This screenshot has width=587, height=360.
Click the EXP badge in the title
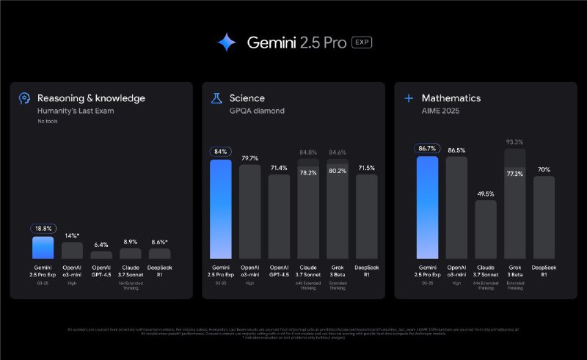[362, 43]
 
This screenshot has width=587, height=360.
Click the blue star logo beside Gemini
[227, 43]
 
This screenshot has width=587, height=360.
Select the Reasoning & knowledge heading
[91, 98]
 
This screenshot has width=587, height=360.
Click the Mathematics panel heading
[451, 98]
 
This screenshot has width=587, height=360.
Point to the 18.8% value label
[43, 228]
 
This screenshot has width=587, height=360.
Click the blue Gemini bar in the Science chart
[220, 209]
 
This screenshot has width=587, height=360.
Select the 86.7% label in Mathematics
[426, 147]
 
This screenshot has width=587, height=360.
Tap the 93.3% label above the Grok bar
[514, 142]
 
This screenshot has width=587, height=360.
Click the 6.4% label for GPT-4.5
[101, 244]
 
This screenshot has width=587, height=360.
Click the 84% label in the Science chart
[220, 152]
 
